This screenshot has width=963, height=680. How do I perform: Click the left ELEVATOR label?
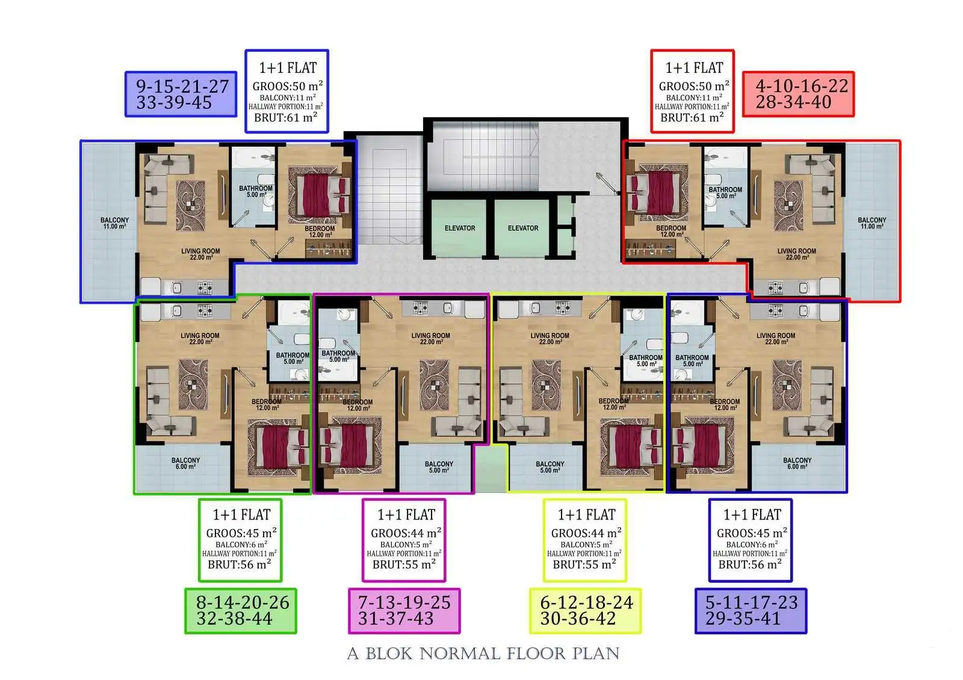(460, 228)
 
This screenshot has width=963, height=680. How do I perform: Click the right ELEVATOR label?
(523, 228)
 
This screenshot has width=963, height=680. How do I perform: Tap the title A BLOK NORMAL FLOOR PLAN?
(483, 654)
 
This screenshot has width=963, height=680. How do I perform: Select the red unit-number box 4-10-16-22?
(798, 94)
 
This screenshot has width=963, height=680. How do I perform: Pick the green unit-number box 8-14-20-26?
(241, 611)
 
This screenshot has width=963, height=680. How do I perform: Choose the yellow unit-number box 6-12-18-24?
(585, 611)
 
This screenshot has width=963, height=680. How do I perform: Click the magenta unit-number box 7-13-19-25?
(404, 611)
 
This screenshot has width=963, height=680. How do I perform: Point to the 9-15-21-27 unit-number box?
(181, 94)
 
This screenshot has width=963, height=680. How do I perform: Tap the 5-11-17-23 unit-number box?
(751, 611)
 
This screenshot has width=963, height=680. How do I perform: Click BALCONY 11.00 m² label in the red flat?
(872, 223)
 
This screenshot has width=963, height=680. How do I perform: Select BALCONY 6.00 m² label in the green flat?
(186, 463)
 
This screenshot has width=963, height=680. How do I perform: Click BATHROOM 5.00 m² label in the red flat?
(725, 192)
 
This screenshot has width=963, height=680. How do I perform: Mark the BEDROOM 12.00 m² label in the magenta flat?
(358, 405)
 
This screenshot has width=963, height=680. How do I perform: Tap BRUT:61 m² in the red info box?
(692, 117)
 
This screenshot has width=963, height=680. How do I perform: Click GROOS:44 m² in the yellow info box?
(586, 533)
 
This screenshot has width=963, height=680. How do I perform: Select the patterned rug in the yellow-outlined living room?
(546, 384)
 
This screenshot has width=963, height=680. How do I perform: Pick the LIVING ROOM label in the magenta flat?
(431, 338)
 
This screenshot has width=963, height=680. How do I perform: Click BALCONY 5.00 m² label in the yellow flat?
(550, 467)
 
